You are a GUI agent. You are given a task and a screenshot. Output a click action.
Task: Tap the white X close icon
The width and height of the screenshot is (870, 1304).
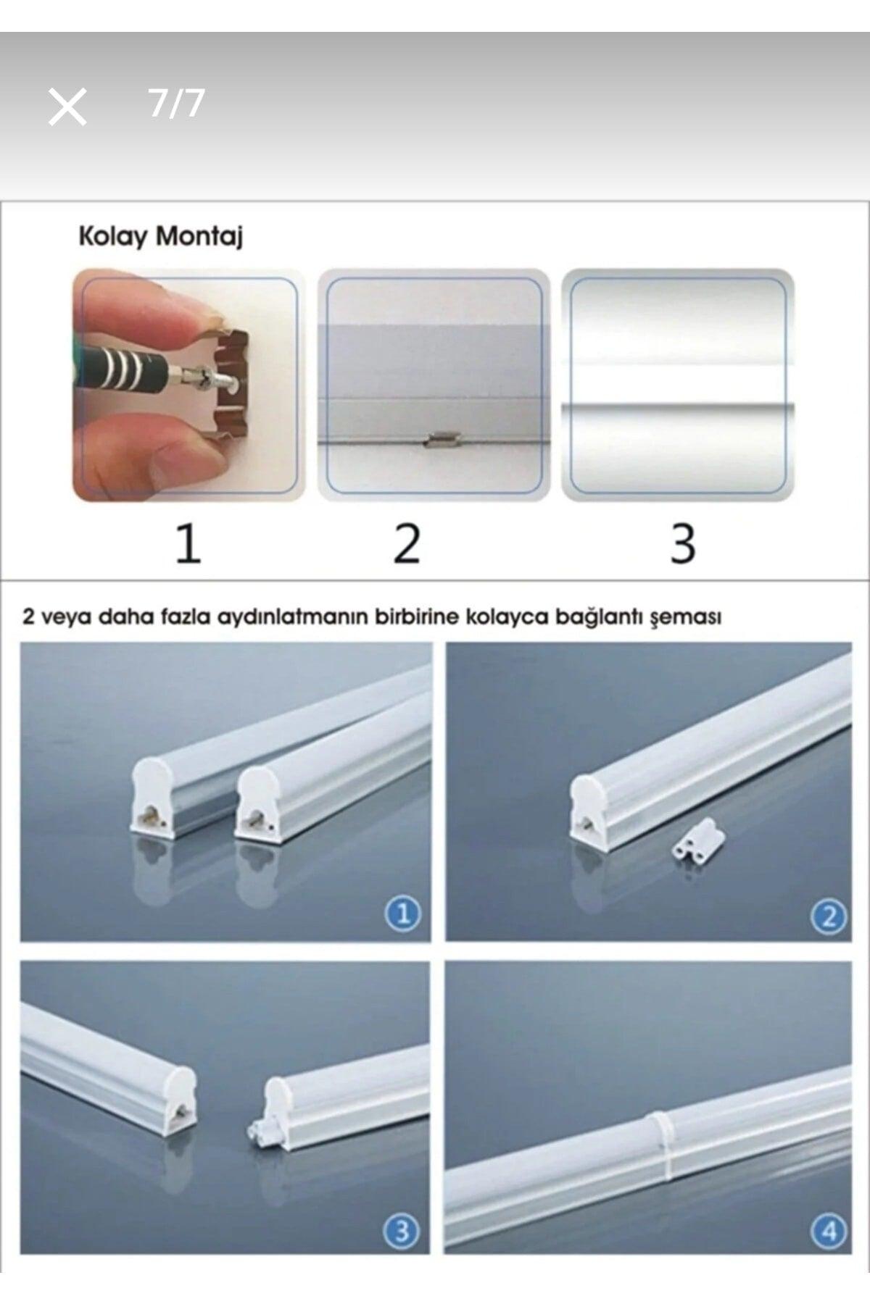pyautogui.click(x=67, y=106)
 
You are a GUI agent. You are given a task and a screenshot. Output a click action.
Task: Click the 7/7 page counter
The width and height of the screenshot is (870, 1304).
pyautogui.click(x=176, y=103)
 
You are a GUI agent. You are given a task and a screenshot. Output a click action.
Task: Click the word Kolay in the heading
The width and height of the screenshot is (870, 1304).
pyautogui.click(x=112, y=237)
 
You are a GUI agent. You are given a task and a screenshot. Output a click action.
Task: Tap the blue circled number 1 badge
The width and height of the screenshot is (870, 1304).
pyautogui.click(x=403, y=914)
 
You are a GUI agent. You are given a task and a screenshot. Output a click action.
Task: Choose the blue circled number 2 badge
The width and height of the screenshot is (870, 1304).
pyautogui.click(x=829, y=917)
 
